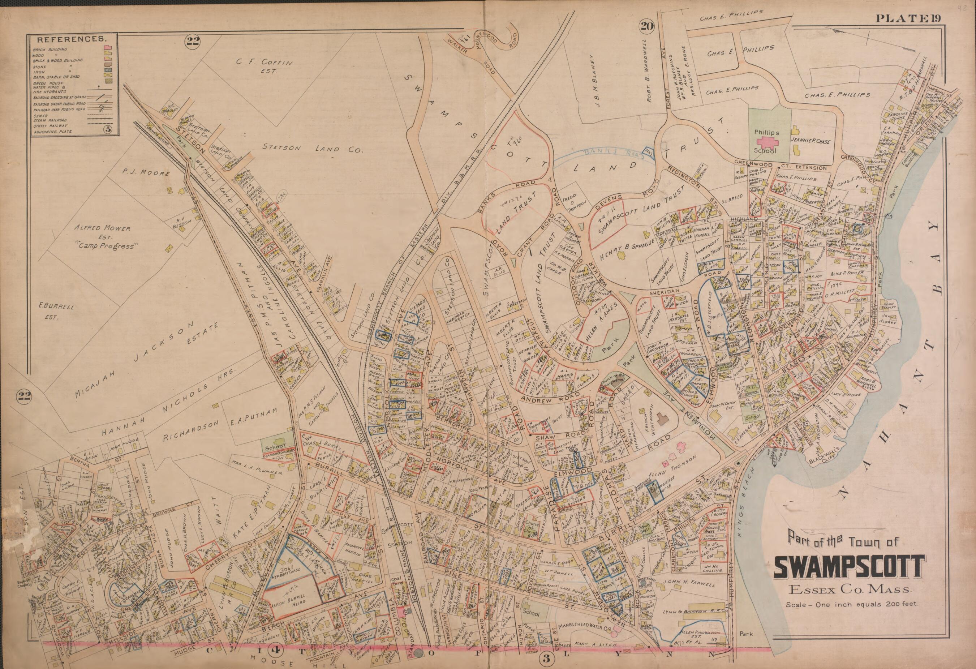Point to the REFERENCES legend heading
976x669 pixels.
(71, 39)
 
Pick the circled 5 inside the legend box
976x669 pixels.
(109, 129)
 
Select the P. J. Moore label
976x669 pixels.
(140, 173)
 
